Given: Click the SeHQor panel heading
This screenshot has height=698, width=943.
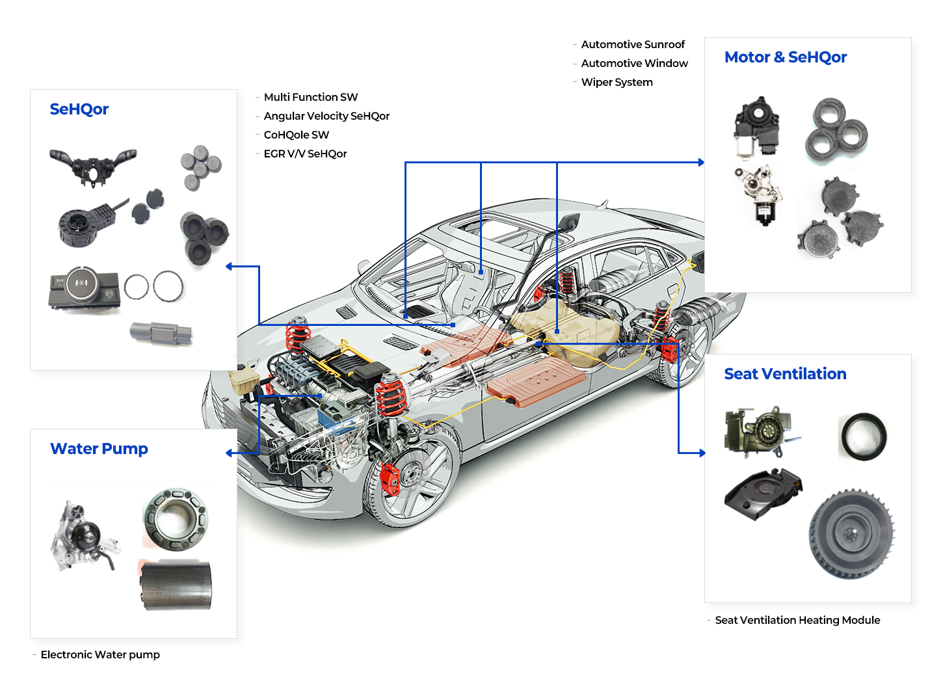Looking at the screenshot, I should tap(79, 109).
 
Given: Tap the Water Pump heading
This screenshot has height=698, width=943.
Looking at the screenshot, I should tap(99, 449).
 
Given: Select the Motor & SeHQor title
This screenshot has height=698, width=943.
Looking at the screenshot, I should tap(785, 57).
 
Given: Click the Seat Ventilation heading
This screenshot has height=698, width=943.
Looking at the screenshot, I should tap(785, 374).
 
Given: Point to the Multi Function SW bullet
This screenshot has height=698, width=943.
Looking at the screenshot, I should tap(310, 97).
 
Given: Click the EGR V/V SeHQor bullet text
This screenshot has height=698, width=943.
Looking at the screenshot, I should tap(305, 154).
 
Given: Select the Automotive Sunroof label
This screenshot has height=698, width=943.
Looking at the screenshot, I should tap(632, 44).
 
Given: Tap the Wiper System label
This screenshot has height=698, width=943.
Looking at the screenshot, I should tap(617, 82).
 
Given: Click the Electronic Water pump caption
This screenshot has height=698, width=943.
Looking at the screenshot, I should tap(100, 654).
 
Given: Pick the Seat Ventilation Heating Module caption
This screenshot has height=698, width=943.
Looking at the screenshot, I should tap(797, 620).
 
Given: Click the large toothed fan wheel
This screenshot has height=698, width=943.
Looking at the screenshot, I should tap(851, 534).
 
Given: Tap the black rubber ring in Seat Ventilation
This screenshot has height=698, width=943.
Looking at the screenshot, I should tap(863, 436).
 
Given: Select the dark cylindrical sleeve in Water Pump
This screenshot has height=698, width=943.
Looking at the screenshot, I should tap(177, 585).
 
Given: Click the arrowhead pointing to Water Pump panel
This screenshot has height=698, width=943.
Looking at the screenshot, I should tap(229, 453).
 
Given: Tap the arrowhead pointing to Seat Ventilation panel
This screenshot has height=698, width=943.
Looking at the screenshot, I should tap(702, 453).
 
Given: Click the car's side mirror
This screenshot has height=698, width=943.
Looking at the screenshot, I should tap(569, 222).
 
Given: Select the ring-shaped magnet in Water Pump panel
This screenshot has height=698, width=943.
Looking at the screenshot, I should tap(175, 520).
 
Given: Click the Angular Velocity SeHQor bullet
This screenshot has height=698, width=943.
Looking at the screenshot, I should tap(326, 116).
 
